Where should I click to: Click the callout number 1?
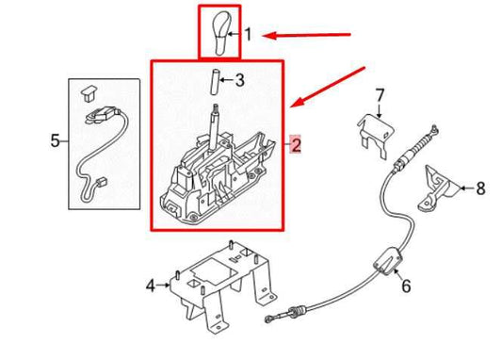tap(248, 34)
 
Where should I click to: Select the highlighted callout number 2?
tap(296, 144)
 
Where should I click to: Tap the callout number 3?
tap(240, 80)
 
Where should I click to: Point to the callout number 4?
tap(151, 285)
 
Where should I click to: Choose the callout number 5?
tap(55, 140)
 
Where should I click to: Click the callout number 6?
tap(406, 286)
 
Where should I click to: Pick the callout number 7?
tap(379, 95)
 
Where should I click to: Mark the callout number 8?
tap(480, 188)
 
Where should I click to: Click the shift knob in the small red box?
tap(221, 33)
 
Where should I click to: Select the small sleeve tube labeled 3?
tap(215, 82)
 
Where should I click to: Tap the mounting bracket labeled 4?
tap(223, 286)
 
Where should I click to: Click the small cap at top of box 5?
tap(89, 93)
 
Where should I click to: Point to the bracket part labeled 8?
tap(439, 189)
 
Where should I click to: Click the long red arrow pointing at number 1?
tap(307, 35)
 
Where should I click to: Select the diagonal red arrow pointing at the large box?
tap(328, 87)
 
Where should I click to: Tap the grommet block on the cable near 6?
tap(388, 261)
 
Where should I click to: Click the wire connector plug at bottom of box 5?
tap(102, 183)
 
